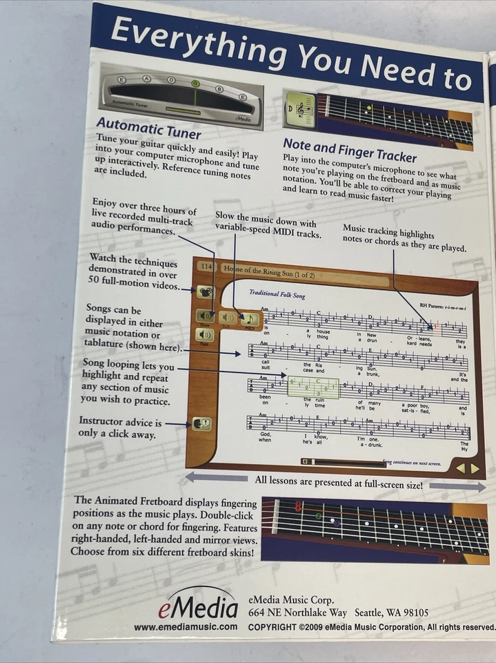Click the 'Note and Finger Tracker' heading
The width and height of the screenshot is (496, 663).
pyautogui.click(x=349, y=147)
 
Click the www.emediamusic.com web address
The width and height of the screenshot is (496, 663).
pyautogui.click(x=186, y=627)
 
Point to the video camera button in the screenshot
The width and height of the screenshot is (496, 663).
pyautogui.click(x=206, y=291)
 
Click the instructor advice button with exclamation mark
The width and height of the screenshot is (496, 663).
pyautogui.click(x=202, y=425)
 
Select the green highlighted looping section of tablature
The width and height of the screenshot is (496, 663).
pyautogui.click(x=313, y=387)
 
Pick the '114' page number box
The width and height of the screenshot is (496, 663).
pyautogui.click(x=206, y=266)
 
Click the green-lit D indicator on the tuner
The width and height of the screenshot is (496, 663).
pyautogui.click(x=196, y=84)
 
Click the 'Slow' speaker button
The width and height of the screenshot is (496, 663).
pyautogui.click(x=206, y=316)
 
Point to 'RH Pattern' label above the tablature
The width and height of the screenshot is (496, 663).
pyautogui.click(x=432, y=304)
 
